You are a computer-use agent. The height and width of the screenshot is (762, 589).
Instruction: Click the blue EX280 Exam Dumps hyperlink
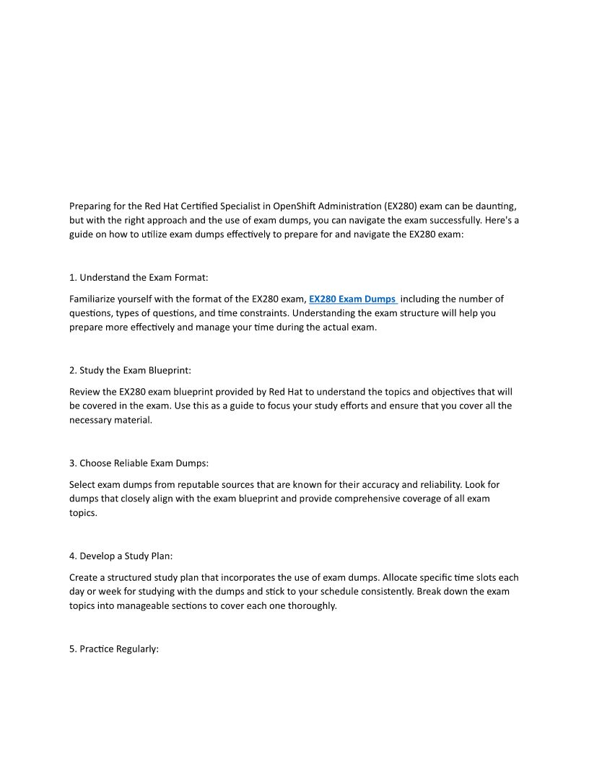point(352,299)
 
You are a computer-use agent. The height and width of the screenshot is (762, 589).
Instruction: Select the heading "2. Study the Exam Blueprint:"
point(130,370)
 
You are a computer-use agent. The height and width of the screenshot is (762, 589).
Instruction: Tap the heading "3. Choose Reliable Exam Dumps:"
point(139,463)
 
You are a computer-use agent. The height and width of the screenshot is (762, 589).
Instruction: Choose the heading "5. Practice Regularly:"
point(114,649)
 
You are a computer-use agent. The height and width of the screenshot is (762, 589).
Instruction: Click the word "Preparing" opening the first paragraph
point(91,206)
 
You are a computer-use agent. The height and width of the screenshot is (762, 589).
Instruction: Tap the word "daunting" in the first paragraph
point(497,206)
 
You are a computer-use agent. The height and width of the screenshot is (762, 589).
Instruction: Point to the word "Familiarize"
point(95,299)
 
